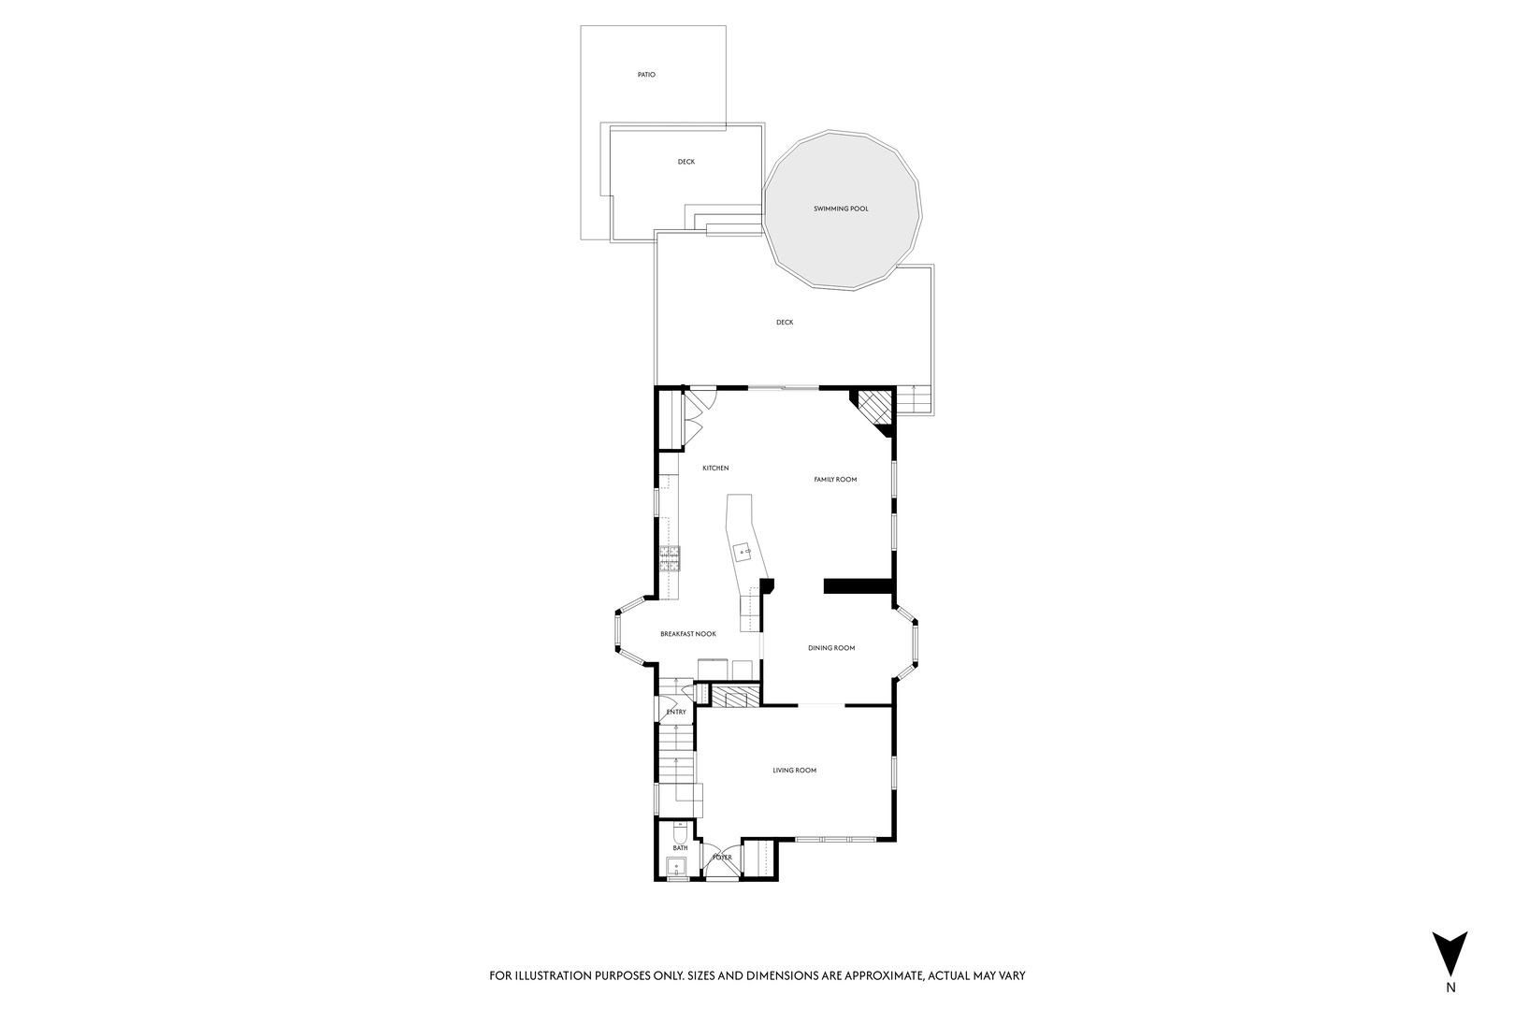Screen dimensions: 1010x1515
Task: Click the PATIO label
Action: pyautogui.click(x=646, y=75)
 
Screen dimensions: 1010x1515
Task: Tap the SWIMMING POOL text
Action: pyautogui.click(x=840, y=209)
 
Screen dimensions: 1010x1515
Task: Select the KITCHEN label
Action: pyautogui.click(x=715, y=469)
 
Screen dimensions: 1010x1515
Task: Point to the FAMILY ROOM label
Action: pyautogui.click(x=835, y=480)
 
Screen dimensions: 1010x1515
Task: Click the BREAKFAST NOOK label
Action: pyautogui.click(x=688, y=634)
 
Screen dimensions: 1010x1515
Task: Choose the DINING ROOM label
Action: pyautogui.click(x=831, y=648)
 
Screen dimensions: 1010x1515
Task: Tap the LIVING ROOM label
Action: pyautogui.click(x=794, y=771)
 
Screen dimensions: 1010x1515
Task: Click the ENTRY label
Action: pyautogui.click(x=676, y=713)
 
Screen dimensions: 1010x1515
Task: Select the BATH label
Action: pyautogui.click(x=680, y=848)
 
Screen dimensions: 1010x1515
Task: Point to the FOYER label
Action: pyautogui.click(x=722, y=857)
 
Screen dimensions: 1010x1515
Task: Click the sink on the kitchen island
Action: pyautogui.click(x=745, y=552)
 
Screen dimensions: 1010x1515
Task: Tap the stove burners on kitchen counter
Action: pyautogui.click(x=670, y=558)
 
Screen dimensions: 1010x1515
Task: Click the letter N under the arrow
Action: pyautogui.click(x=1450, y=987)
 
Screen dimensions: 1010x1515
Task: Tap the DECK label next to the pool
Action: pyautogui.click(x=784, y=323)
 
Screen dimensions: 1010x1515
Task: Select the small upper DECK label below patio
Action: pyautogui.click(x=686, y=162)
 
